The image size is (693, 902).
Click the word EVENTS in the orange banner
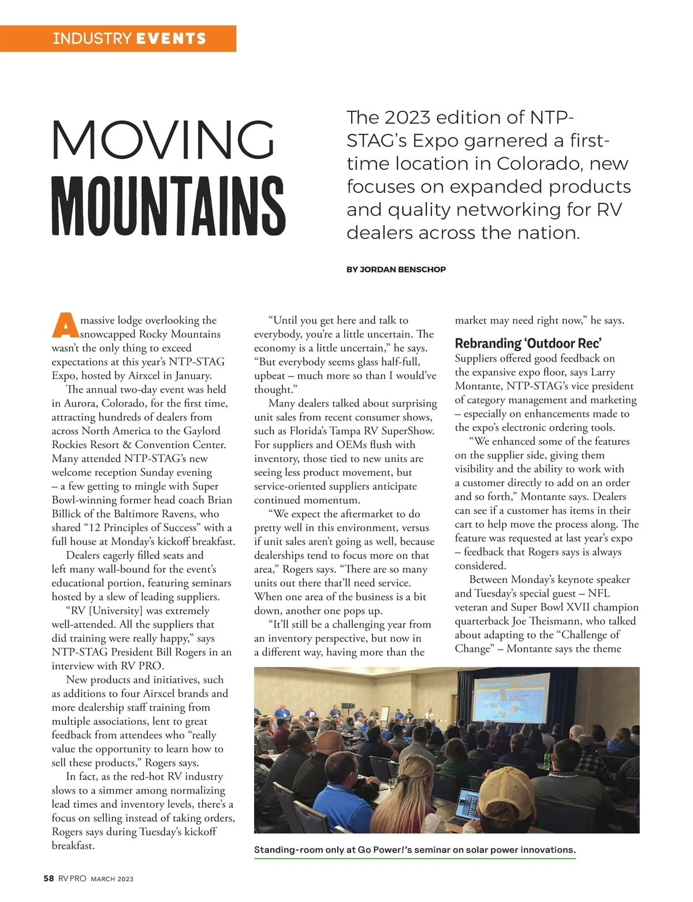(171, 39)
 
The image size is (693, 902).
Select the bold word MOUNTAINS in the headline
(168, 206)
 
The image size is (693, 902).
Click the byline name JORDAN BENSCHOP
(403, 269)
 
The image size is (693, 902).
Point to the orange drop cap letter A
(65, 325)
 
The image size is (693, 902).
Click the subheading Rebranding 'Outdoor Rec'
(528, 343)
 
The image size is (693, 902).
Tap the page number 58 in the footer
(49, 878)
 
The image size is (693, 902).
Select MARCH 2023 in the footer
(112, 879)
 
